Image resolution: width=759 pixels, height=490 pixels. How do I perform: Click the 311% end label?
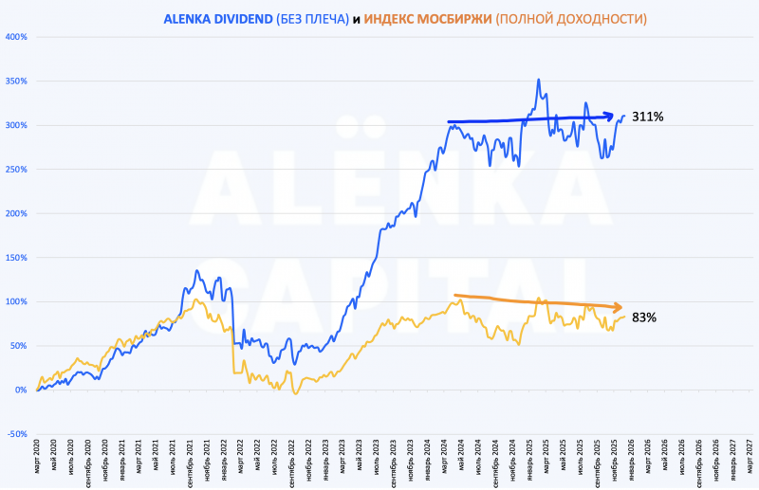pyautogui.click(x=648, y=117)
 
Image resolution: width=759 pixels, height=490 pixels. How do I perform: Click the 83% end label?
pyautogui.click(x=644, y=318)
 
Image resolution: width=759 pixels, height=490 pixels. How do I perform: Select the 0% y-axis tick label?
pyautogui.click(x=19, y=390)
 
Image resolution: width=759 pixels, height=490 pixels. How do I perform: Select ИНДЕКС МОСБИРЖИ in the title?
pyautogui.click(x=428, y=18)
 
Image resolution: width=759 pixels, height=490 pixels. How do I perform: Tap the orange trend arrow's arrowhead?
pyautogui.click(x=619, y=308)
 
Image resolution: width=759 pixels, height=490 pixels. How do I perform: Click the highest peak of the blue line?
pyautogui.click(x=539, y=81)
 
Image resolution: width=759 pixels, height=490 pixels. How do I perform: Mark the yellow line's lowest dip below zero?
pyautogui.click(x=295, y=392)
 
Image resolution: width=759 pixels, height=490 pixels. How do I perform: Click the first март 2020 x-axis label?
pyautogui.click(x=39, y=459)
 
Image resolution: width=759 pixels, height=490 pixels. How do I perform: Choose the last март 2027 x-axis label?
pyautogui.click(x=749, y=459)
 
